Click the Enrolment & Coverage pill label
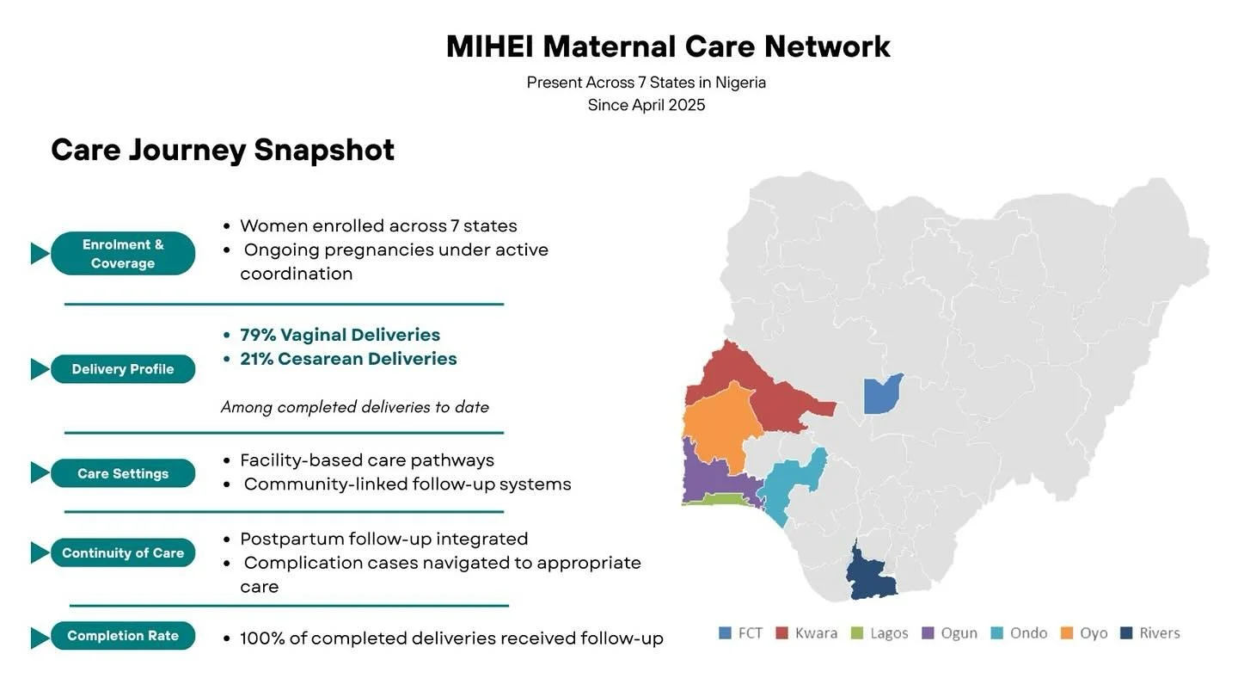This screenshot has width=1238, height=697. click(x=123, y=254)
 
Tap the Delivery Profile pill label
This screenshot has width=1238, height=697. click(x=123, y=369)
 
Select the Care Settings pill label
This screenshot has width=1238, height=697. click(x=123, y=473)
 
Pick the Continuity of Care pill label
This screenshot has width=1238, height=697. click(x=123, y=553)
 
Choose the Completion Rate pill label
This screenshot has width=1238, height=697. click(x=123, y=636)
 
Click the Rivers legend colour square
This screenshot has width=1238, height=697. click(x=1126, y=633)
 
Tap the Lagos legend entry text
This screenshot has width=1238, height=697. click(x=889, y=633)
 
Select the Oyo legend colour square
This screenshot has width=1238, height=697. click(x=1067, y=633)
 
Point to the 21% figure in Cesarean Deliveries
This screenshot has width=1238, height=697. click(x=257, y=359)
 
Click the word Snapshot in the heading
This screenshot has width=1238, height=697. click(x=324, y=150)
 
